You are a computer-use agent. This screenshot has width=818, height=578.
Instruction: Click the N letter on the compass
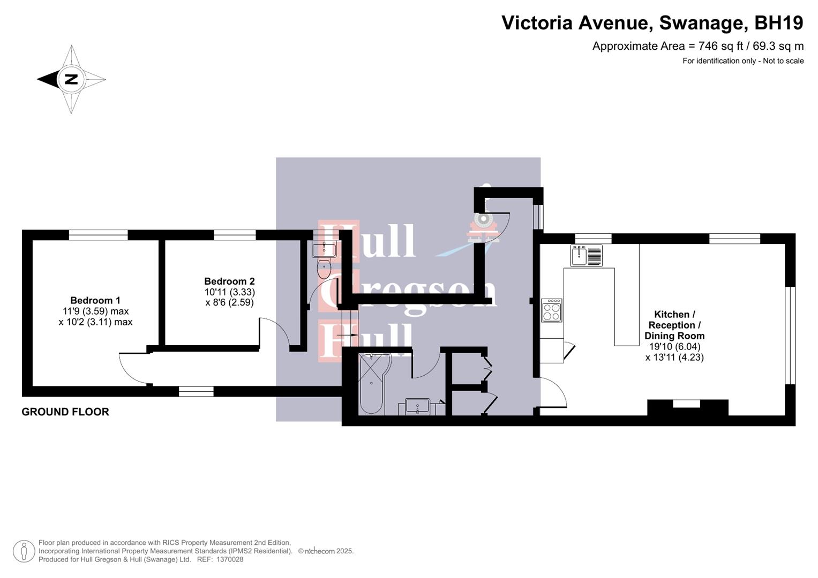point(71,79)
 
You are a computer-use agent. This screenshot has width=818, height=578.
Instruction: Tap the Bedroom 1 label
point(95,300)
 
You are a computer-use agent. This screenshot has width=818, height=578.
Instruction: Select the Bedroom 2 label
point(229,281)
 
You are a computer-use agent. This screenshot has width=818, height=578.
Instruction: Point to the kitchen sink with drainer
point(586,255)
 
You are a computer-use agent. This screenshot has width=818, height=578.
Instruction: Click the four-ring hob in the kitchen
point(551,310)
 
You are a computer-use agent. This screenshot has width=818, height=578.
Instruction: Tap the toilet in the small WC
point(324,269)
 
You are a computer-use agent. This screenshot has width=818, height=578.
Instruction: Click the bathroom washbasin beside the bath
point(418,407)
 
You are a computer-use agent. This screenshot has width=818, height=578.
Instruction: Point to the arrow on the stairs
point(347,334)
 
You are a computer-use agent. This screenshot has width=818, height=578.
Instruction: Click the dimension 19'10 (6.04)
point(674,346)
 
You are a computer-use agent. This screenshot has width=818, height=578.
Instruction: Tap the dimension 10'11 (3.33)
point(229,292)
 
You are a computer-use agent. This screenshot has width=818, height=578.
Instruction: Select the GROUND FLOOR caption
point(65,412)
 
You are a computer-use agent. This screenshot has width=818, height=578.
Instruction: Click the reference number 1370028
point(230,559)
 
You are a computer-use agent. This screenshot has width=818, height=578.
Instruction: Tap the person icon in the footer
point(24,551)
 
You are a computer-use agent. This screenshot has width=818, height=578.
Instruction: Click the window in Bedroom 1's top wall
point(98,234)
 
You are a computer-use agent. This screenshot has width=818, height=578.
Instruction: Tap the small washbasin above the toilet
point(324,250)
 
